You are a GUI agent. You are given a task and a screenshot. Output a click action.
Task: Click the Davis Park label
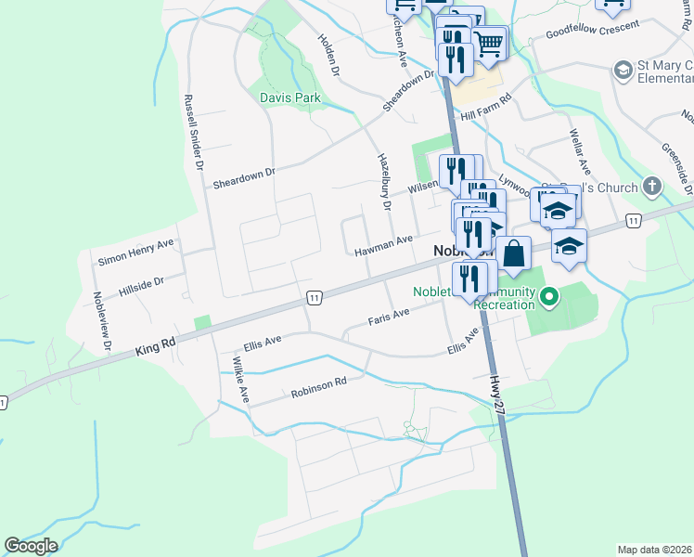point(289,97)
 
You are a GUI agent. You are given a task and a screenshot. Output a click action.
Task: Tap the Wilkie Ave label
point(241,379)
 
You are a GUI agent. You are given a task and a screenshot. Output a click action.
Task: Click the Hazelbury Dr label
point(382,176)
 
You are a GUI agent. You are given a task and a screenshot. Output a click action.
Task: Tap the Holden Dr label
point(330,55)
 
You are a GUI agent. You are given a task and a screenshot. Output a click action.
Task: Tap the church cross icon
point(652,186)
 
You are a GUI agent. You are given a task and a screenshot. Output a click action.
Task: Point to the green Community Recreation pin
point(549,298)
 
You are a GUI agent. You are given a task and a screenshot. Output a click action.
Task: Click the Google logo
point(31,546)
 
